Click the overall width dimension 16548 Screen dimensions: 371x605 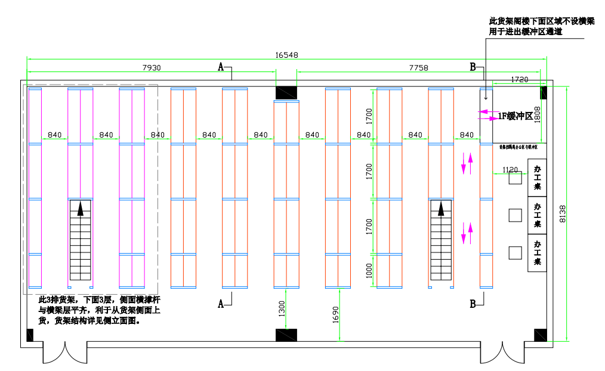[286, 55]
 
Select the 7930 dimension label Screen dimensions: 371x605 [152, 68]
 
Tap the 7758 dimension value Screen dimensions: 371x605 [418, 68]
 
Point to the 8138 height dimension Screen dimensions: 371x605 [561, 214]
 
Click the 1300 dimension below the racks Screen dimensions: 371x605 [282, 308]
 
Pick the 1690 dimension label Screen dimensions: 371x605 [335, 314]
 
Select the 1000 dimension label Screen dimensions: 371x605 [369, 270]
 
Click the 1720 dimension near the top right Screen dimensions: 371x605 [520, 79]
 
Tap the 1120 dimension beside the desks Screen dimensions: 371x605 [510, 170]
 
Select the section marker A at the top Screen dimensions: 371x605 [221, 67]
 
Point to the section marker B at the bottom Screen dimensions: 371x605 [473, 304]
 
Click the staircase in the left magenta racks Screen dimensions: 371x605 [81, 240]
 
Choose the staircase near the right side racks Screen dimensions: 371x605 [441, 240]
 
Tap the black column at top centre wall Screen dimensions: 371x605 [286, 92]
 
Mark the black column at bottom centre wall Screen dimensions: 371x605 [286, 335]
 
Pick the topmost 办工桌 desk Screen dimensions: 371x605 [537, 177]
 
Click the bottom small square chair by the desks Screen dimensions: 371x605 [515, 253]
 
